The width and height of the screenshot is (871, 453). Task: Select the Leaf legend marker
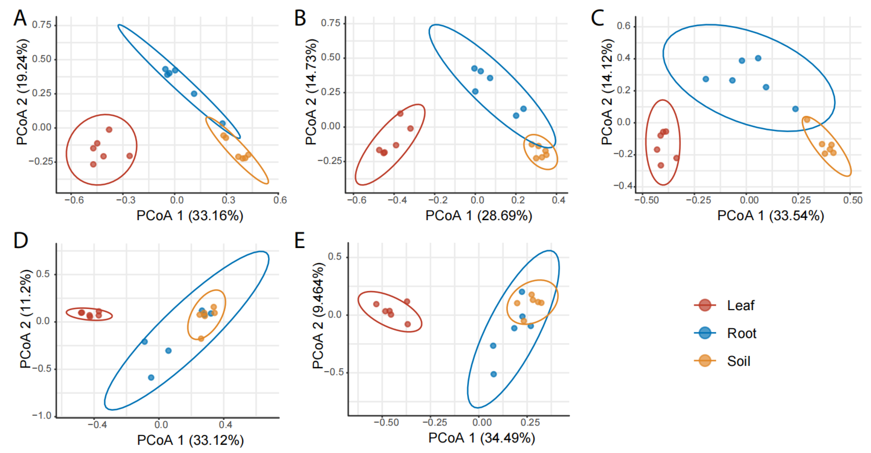point(705,305)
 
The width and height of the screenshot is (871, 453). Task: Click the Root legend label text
point(742,333)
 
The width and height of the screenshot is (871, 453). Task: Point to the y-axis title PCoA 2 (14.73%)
point(311,92)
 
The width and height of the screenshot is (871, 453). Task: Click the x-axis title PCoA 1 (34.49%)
point(481,438)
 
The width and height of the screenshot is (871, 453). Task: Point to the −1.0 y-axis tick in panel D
point(42,415)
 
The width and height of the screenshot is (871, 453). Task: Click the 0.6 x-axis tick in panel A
point(280,200)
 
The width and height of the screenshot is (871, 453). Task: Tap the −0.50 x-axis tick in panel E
point(386,423)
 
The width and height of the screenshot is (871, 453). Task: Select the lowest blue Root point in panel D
point(151,377)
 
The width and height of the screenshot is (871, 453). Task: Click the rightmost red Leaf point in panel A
point(129,156)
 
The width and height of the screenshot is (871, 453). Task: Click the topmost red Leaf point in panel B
point(400,114)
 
